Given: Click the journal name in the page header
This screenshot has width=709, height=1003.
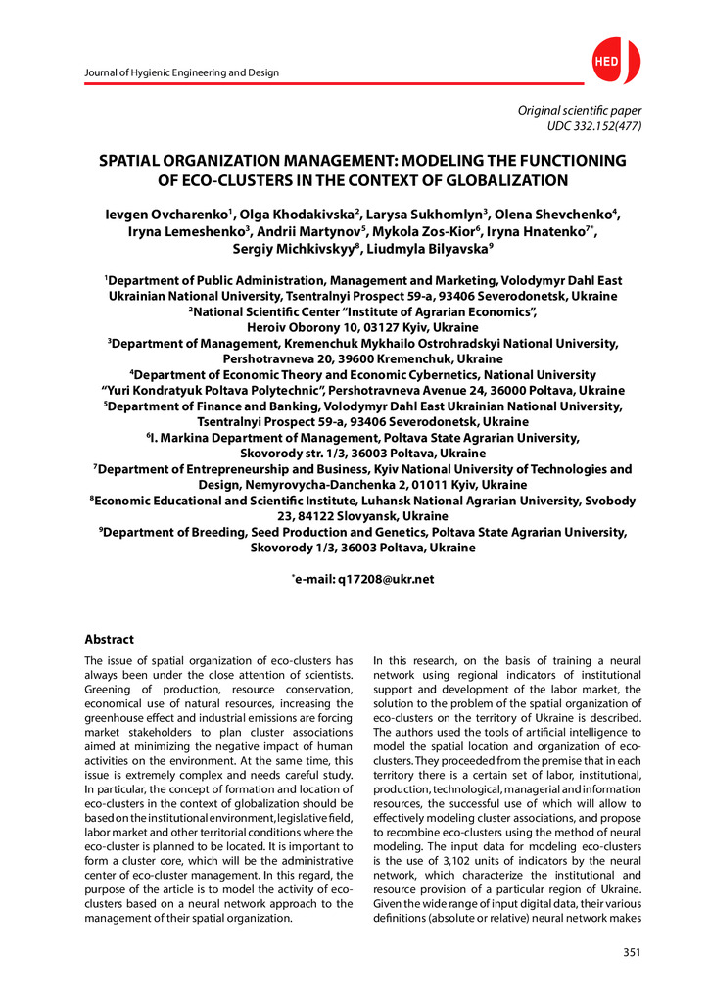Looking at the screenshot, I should click(x=182, y=72).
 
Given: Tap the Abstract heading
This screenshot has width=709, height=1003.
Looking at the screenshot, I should click(x=109, y=639).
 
